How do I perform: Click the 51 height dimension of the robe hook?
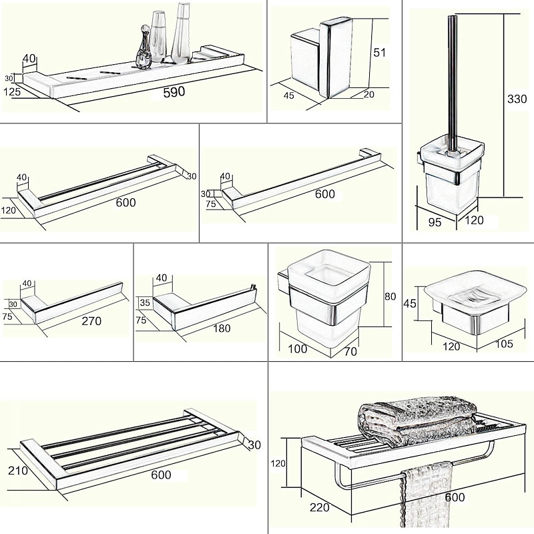[378, 53]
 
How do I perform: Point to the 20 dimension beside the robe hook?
[369, 95]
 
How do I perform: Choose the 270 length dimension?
[91, 321]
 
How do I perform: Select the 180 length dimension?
[222, 328]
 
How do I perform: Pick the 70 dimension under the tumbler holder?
[350, 350]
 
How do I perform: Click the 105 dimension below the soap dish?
[505, 344]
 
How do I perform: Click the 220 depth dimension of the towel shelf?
[319, 508]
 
